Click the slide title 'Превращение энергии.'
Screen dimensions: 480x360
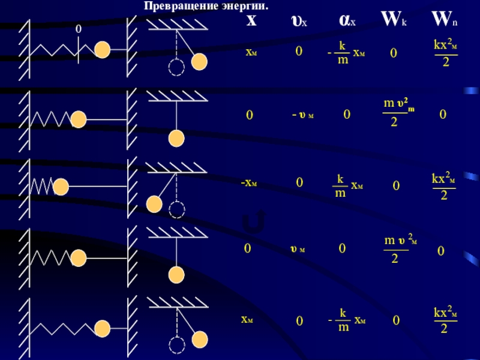point(205,5)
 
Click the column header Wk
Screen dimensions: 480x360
point(394,20)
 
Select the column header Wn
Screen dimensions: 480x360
point(444,20)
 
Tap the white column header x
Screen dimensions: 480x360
point(251,20)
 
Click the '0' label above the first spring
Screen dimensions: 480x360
point(78,29)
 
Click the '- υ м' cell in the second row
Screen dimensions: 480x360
point(302,115)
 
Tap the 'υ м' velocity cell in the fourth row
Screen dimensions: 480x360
point(298,248)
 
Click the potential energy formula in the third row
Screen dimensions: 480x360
point(444,187)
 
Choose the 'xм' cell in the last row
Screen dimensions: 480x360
point(247,320)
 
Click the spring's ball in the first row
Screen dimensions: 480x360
point(103,50)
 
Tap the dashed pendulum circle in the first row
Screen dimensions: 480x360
point(176,68)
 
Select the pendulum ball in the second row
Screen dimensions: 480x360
point(176,139)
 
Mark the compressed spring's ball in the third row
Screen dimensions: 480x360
point(61,188)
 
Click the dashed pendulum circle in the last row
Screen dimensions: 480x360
point(176,345)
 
